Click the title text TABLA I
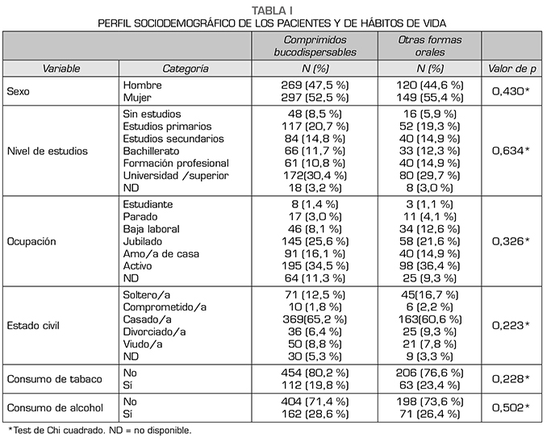(x=273, y=9)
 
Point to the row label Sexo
(x=18, y=92)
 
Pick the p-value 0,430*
(x=510, y=92)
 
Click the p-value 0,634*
(x=510, y=150)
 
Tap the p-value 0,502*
(x=510, y=408)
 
